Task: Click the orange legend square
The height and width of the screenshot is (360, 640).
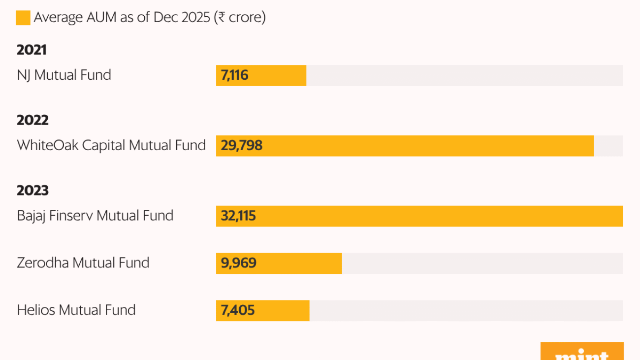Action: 23,18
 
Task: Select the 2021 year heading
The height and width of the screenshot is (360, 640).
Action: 32,50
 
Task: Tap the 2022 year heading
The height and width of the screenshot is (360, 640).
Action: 32,121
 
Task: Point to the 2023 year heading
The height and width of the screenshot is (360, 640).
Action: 32,191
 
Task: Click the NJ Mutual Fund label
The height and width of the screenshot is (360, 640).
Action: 64,75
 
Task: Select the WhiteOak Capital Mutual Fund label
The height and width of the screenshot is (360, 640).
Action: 111,146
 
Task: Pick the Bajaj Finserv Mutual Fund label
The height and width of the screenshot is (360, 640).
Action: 95,216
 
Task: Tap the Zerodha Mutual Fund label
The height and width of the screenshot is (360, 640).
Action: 83,263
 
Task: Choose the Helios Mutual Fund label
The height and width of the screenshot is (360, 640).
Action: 76,310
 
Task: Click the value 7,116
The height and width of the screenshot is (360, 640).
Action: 235,75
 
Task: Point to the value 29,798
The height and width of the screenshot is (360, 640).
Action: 242,146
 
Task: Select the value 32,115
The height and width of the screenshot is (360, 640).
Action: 238,216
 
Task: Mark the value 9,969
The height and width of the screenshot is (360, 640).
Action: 239,263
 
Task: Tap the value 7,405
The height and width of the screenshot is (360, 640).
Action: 238,310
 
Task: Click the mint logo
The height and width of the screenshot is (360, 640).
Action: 582,353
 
